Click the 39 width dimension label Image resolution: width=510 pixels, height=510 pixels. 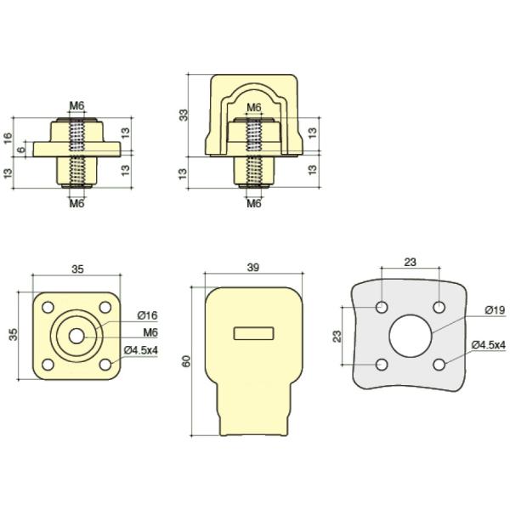pos(253,268)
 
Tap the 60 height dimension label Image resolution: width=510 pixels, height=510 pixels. pos(186,361)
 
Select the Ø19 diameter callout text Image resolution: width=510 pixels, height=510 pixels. pos(495,310)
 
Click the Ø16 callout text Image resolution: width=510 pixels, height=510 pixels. pos(147,315)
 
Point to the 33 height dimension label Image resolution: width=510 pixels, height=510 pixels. pos(184,115)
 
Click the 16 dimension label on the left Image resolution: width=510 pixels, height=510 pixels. pos(8,138)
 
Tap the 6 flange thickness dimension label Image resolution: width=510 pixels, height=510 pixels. pos(21,150)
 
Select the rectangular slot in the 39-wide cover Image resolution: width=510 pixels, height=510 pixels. pos(253,333)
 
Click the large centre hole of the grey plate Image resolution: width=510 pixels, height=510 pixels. pos(411,336)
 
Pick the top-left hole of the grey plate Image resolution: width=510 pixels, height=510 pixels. pos(382,307)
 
